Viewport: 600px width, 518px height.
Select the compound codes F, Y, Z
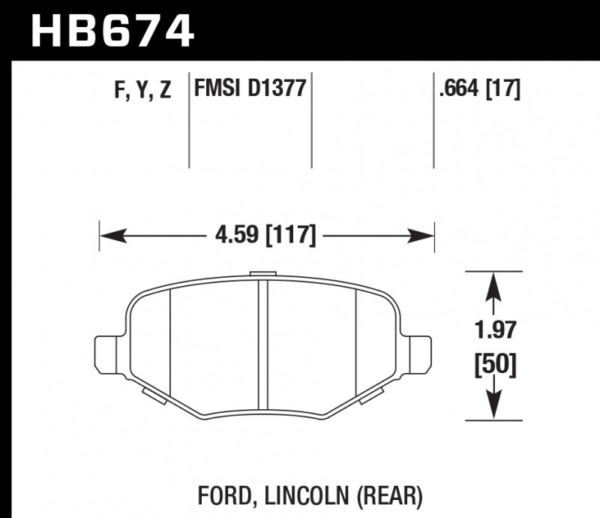142,91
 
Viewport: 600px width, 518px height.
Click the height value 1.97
493,328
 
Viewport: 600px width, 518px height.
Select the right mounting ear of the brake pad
421,352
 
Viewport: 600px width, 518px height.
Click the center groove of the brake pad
263,338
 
